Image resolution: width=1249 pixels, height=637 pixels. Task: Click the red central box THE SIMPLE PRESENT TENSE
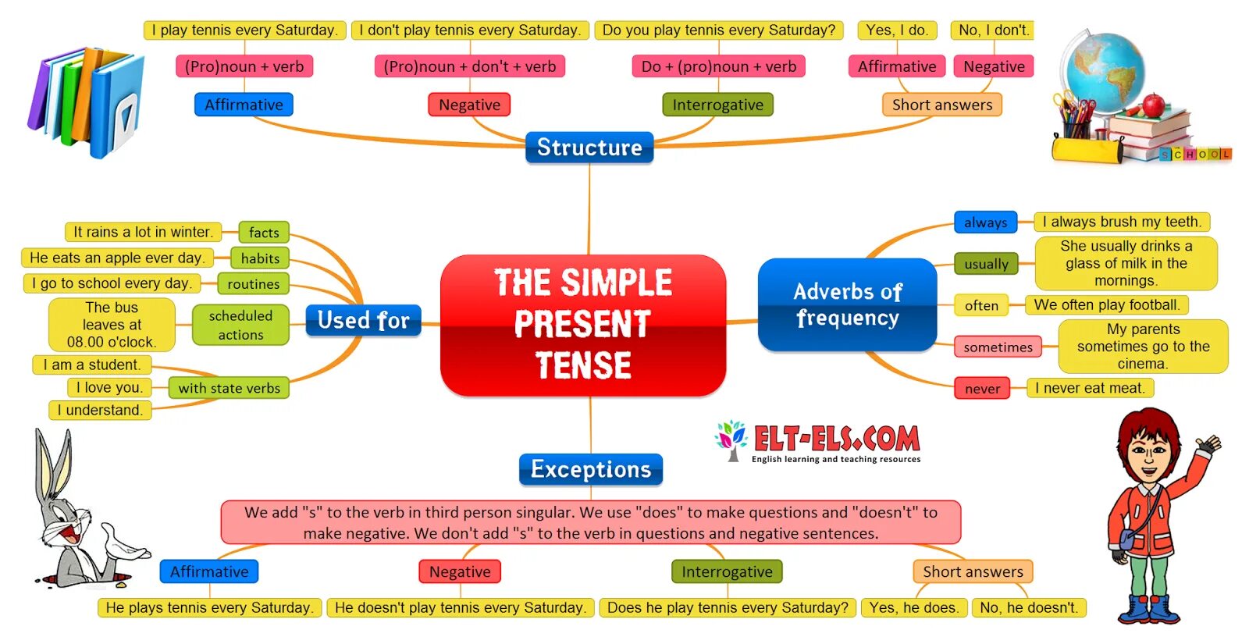point(583,324)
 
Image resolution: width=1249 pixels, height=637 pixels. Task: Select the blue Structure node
point(589,147)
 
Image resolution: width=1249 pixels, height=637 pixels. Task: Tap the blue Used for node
point(363,320)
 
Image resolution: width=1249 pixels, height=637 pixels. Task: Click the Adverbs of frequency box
point(847,304)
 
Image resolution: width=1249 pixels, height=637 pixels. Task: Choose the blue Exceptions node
point(591,469)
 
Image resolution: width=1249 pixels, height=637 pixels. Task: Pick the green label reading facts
point(264,232)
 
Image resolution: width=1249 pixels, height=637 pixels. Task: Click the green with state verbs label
point(229,388)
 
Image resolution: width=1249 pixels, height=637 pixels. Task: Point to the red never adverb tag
point(982,388)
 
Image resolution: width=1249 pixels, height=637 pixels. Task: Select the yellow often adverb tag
point(981,305)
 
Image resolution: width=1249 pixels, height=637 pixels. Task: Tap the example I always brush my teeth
point(1122,222)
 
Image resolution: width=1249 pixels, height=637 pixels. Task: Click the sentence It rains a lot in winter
point(143,232)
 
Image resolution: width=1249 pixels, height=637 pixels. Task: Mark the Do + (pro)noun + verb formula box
point(718,66)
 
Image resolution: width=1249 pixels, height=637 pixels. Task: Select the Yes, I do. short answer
point(896,30)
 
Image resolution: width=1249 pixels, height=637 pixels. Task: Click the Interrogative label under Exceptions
point(727,571)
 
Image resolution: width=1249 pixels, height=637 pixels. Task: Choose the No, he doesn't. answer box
point(1029,607)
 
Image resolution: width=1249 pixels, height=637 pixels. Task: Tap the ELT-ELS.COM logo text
point(836,439)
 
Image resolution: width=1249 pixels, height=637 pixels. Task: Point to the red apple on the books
point(1152,104)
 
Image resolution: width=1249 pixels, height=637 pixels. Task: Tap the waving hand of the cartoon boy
point(1208,447)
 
